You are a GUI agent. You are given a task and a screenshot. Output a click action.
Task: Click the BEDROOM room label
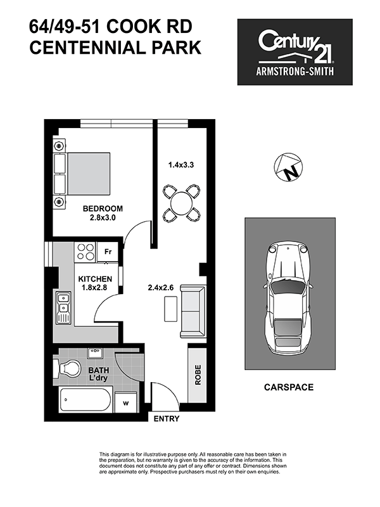pyautogui.click(x=103, y=209)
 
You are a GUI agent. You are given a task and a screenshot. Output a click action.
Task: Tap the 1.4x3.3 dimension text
pyautogui.click(x=181, y=165)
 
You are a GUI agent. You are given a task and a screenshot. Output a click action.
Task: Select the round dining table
pyautogui.click(x=181, y=203)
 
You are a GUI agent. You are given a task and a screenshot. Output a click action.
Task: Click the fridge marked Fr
pyautogui.click(x=108, y=252)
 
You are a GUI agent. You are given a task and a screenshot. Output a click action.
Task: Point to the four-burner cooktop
pyautogui.click(x=85, y=252)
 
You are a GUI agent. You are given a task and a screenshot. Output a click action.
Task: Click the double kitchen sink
pyautogui.click(x=63, y=307)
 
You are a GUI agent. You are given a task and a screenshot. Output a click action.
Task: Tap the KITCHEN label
pyautogui.click(x=95, y=279)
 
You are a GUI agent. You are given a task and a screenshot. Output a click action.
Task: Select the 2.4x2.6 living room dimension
pyautogui.click(x=161, y=288)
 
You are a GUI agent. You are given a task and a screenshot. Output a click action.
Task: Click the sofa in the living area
pyautogui.click(x=193, y=311)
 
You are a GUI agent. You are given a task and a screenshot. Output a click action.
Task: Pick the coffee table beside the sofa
pyautogui.click(x=170, y=309)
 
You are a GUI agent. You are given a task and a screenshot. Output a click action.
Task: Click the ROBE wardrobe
pyautogui.click(x=197, y=375)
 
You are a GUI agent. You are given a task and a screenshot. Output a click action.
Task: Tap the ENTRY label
pyautogui.click(x=167, y=419)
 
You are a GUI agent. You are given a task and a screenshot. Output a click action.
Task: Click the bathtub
pyautogui.click(x=86, y=400)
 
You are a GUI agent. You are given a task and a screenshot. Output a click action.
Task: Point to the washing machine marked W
pyautogui.click(x=126, y=402)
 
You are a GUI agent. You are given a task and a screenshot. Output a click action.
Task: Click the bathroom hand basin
pyautogui.click(x=95, y=353)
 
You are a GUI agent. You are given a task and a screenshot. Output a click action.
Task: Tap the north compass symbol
pyautogui.click(x=288, y=167)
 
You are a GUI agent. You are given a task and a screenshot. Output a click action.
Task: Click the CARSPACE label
pyautogui.click(x=289, y=387)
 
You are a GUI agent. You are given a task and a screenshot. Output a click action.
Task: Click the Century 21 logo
pyautogui.click(x=295, y=52)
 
